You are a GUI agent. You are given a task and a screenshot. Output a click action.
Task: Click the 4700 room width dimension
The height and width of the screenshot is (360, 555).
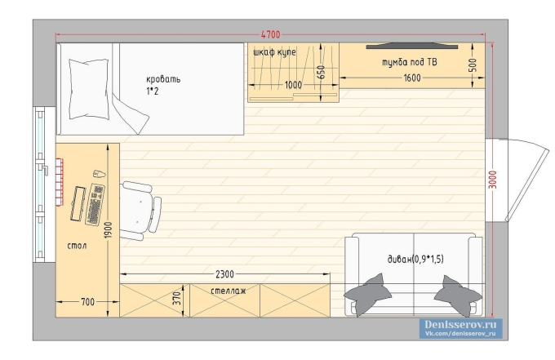270,34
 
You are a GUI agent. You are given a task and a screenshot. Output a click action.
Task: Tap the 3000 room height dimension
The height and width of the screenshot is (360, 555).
492,180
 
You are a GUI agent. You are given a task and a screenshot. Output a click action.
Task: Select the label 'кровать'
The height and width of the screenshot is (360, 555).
163,79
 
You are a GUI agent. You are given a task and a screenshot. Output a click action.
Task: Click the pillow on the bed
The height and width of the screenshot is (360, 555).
89,88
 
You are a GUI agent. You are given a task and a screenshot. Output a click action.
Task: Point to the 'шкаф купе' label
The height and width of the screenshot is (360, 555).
275,52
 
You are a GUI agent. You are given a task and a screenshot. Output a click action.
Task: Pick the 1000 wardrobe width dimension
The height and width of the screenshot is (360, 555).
294,85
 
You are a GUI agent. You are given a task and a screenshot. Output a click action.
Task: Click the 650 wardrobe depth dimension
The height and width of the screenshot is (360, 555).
321,73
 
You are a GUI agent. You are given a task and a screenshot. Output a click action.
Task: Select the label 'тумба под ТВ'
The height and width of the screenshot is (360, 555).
410,62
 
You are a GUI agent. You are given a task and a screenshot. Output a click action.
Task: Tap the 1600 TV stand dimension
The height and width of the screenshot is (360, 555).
412,78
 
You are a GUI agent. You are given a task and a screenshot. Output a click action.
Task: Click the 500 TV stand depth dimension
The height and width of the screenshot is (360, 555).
473,65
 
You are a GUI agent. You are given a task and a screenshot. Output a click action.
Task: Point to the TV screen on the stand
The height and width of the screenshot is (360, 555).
412,46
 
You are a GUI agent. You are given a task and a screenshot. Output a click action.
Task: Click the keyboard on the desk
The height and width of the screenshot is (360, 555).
95,204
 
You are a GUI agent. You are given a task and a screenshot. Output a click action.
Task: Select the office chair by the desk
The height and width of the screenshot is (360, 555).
140,211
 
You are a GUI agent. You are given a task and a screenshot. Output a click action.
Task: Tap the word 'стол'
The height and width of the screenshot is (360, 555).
77,246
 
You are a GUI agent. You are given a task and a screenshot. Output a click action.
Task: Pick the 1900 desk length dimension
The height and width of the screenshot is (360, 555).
109,229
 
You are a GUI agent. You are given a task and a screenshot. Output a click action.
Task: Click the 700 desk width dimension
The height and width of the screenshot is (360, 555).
88,302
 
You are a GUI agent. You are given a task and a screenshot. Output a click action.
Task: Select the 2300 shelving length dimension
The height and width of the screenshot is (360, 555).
224,274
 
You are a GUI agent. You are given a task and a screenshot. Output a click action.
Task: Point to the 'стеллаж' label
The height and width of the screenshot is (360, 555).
229,291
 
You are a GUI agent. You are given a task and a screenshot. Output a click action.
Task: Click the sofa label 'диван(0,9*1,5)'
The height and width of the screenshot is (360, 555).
415,259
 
